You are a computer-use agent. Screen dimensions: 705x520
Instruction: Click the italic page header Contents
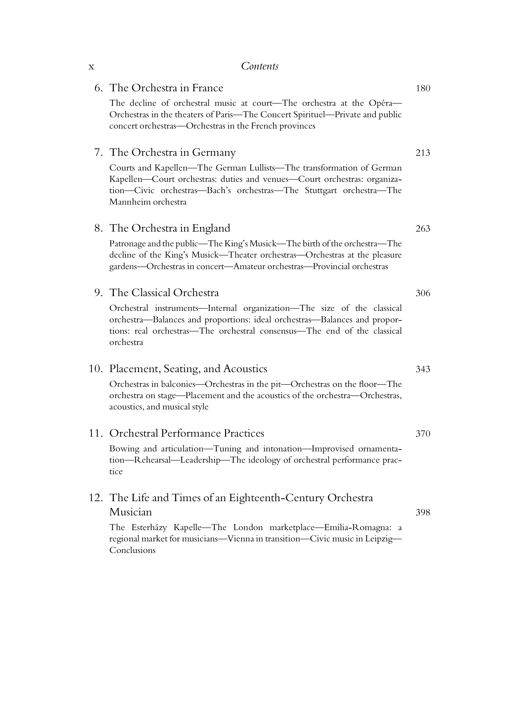(x=260, y=66)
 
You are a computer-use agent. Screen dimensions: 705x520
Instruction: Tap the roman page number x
(x=91, y=67)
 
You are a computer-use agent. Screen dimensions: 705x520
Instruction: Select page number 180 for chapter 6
(x=423, y=88)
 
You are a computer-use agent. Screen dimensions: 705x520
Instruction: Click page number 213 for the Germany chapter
(x=423, y=153)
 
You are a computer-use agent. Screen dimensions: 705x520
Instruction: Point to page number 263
(x=423, y=229)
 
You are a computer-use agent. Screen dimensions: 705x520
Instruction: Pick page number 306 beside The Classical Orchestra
(x=423, y=293)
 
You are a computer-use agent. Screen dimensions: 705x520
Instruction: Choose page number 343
(x=423, y=369)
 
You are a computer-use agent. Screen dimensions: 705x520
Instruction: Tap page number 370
(x=423, y=434)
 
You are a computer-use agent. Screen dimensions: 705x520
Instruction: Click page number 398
(x=423, y=512)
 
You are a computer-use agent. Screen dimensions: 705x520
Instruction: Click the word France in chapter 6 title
(x=207, y=88)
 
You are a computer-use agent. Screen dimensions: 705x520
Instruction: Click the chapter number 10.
(x=96, y=369)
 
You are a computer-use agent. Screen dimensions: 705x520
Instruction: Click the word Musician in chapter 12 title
(x=131, y=512)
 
